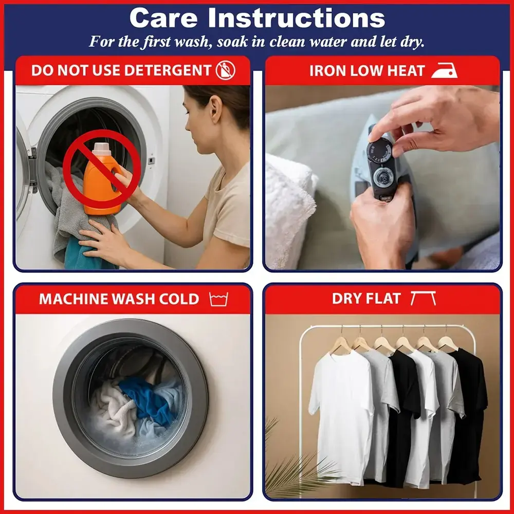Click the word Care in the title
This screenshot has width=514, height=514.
click(x=163, y=18)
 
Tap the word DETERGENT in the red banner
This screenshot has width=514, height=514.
click(x=167, y=70)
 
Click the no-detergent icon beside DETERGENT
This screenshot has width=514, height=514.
click(x=225, y=70)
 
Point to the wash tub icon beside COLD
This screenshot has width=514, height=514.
click(x=218, y=299)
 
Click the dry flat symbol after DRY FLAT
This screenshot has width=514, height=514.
click(x=423, y=298)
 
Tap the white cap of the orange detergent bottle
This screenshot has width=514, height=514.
click(x=102, y=149)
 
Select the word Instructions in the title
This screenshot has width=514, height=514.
click(x=297, y=18)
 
